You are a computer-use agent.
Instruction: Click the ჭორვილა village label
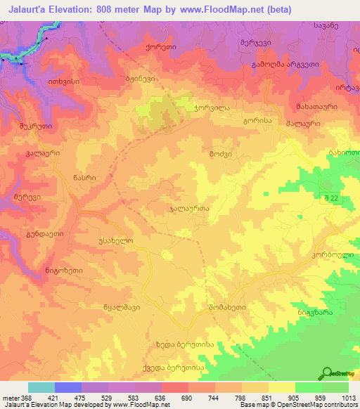(x=210, y=110)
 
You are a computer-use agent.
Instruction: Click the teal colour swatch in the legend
(x=41, y=387)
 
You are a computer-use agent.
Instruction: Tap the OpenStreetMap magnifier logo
(x=327, y=374)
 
